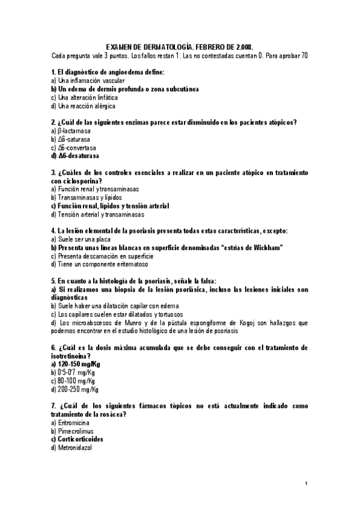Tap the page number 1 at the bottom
pyautogui.click(x=306, y=484)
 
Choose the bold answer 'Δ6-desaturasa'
pyautogui.click(x=78, y=156)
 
